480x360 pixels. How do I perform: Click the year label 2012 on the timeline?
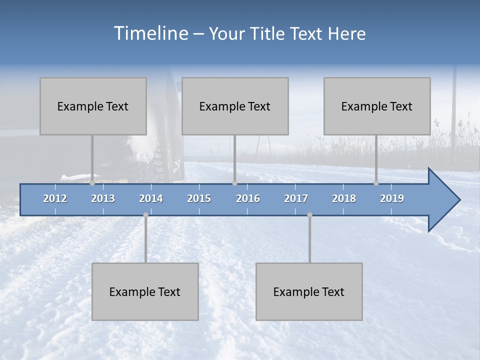(x=55, y=198)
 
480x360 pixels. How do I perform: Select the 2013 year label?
(x=103, y=198)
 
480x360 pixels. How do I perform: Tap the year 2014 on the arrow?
(x=151, y=198)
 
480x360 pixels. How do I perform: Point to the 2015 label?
(x=199, y=198)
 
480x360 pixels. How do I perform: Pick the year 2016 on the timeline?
(x=248, y=198)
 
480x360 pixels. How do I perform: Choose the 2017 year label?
(x=296, y=198)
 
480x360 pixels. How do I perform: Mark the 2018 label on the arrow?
(x=344, y=198)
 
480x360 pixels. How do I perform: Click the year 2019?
(x=392, y=198)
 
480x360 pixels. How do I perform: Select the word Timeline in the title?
(x=150, y=33)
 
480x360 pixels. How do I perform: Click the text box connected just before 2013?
(x=93, y=106)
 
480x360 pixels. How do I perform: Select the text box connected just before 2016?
(x=235, y=106)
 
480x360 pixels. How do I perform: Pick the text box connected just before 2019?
(x=377, y=106)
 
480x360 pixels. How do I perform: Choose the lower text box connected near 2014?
(x=145, y=291)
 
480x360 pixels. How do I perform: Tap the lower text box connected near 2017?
(x=309, y=291)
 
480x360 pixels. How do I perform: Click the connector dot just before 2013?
(x=92, y=183)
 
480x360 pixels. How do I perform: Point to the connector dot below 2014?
(x=145, y=215)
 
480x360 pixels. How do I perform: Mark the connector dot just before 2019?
(x=376, y=183)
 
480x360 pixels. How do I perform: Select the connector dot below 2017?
(x=309, y=215)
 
